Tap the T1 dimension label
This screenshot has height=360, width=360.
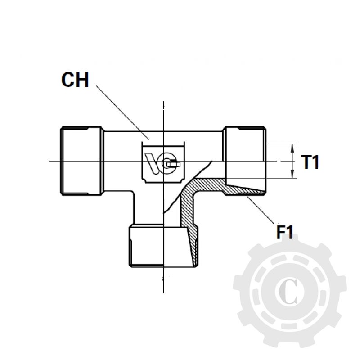coord(310,162)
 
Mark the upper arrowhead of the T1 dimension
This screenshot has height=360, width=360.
coord(293,148)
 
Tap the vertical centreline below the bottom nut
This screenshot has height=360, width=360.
coord(162,281)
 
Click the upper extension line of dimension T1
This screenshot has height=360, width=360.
coord(281,144)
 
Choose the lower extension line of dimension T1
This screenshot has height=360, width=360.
coord(281,178)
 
